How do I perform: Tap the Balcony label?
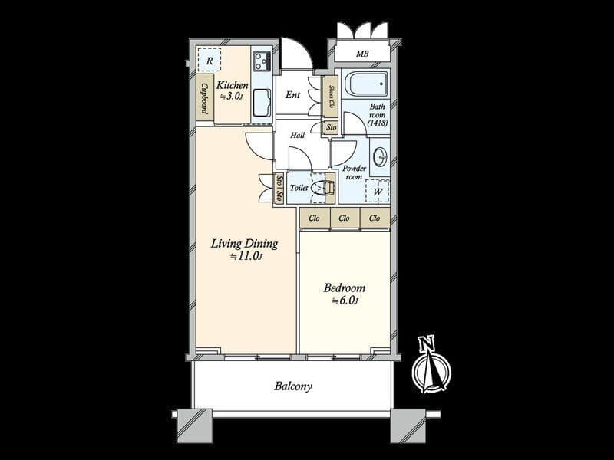[x=293, y=386]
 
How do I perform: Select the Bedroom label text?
[x=345, y=288]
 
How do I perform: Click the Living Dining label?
[x=245, y=244]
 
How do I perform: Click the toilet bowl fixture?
[x=323, y=188]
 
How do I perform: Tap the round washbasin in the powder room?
[x=380, y=157]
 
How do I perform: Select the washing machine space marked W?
[x=378, y=191]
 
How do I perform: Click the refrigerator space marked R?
[x=209, y=61]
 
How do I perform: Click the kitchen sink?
[x=262, y=103]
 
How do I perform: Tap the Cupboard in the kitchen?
[x=205, y=97]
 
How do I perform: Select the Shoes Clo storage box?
[x=331, y=97]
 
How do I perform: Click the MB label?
[x=362, y=54]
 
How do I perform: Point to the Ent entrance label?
[x=292, y=94]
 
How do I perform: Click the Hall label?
[x=298, y=136]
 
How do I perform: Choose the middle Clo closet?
[x=344, y=218]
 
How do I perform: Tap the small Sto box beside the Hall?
[x=332, y=127]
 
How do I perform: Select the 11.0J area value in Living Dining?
[x=246, y=257]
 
